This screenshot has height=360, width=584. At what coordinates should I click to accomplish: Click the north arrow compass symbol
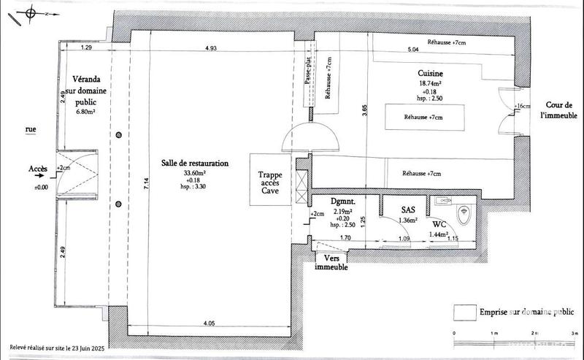click(x=30, y=12)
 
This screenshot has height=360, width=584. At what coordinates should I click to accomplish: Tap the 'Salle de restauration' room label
click(x=195, y=164)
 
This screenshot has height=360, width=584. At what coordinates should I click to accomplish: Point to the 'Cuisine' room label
click(x=431, y=74)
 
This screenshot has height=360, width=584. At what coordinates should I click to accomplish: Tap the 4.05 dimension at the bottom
click(x=209, y=322)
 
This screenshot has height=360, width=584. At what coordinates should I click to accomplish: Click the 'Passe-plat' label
click(x=309, y=76)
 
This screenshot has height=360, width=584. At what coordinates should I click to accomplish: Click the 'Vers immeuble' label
click(x=331, y=264)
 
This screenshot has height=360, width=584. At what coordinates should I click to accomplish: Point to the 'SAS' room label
click(x=407, y=209)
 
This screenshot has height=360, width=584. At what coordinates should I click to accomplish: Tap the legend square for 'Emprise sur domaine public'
click(x=461, y=311)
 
